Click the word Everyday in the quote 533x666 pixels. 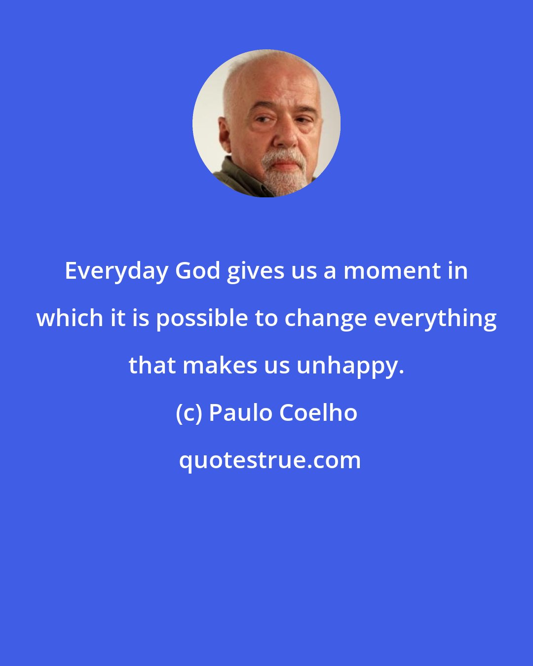pos(116,271)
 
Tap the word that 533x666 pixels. pos(152,365)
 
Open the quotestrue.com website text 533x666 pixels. pos(269,460)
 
